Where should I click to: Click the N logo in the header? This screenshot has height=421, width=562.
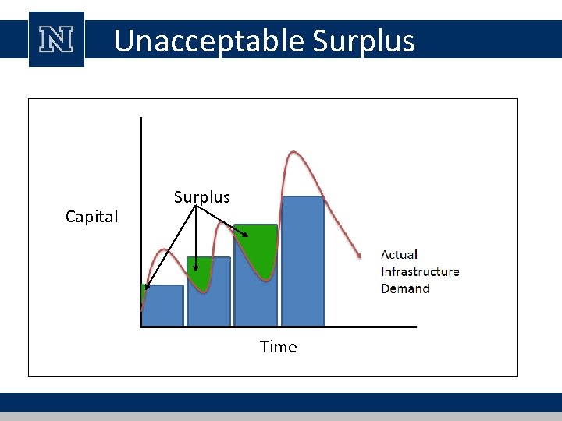(56, 39)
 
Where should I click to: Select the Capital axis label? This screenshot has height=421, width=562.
(91, 217)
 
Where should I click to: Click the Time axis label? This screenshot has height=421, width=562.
(278, 347)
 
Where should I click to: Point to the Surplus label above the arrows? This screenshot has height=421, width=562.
(201, 197)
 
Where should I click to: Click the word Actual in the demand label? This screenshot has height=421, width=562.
(399, 254)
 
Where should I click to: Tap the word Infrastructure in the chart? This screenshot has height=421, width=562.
(420, 271)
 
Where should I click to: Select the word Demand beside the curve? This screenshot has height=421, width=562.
(404, 288)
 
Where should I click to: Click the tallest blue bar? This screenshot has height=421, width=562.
(303, 261)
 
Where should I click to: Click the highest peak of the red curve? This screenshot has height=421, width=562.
(292, 152)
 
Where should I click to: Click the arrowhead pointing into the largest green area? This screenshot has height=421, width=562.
(245, 233)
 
